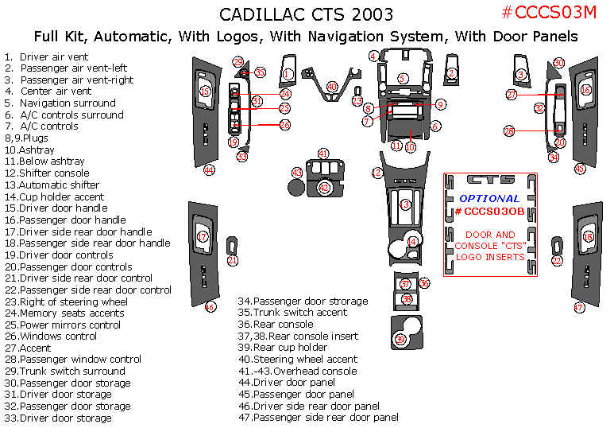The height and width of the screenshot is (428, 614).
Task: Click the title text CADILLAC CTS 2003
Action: (x=306, y=15)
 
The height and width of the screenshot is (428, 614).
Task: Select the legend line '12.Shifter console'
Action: (x=47, y=173)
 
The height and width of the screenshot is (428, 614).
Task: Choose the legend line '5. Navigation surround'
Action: (x=60, y=103)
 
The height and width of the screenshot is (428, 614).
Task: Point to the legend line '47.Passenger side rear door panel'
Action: (x=319, y=417)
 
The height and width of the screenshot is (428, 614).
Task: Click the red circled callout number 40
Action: (x=332, y=87)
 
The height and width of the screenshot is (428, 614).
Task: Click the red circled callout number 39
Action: (x=401, y=340)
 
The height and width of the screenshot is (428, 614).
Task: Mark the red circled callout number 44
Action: (x=209, y=169)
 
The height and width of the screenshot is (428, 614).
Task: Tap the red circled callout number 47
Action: (x=579, y=307)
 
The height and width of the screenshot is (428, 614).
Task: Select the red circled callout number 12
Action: (x=377, y=173)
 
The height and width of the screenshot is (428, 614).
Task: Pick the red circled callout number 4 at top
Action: (x=373, y=56)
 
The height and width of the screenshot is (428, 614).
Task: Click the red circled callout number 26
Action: (x=284, y=125)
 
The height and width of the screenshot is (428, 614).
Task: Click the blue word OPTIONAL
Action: (x=489, y=197)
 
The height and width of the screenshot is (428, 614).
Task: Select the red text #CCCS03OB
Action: (x=489, y=211)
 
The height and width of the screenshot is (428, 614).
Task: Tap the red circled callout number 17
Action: (x=203, y=236)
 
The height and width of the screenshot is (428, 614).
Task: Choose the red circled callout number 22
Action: (x=557, y=260)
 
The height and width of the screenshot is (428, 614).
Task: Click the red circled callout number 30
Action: (x=559, y=63)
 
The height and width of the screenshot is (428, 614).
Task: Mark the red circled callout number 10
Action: (x=410, y=147)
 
